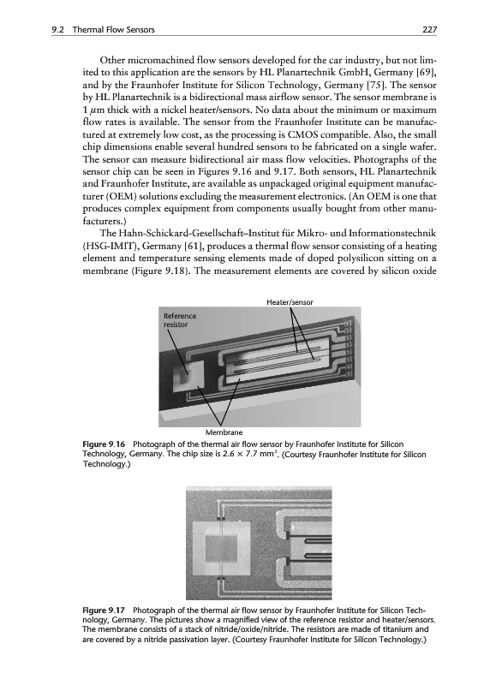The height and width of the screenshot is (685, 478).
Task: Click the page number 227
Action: pos(429,30)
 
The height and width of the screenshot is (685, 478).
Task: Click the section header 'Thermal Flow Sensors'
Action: pos(113,30)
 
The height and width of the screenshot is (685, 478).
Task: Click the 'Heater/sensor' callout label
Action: pos(290,302)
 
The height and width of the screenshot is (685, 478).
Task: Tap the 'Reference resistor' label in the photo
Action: pos(180,320)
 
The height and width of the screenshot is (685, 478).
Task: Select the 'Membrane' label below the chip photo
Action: pos(224,432)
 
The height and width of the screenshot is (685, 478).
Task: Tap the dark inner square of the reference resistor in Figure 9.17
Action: pos(223,544)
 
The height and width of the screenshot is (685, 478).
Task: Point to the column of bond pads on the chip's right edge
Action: pos(349,348)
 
